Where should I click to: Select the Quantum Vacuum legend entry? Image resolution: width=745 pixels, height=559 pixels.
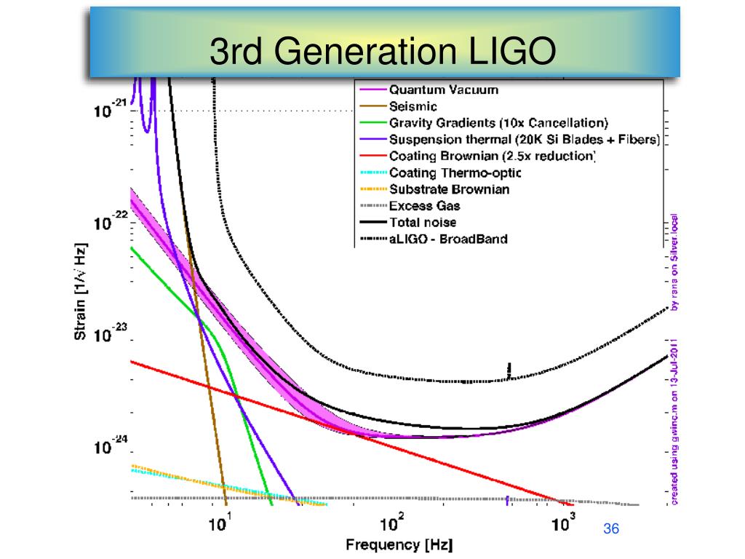tap(444, 90)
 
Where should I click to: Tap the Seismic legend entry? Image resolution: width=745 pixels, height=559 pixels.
tap(413, 106)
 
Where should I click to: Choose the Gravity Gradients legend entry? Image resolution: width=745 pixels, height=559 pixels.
tap(498, 122)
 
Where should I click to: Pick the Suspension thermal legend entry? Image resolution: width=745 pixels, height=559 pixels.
tap(524, 139)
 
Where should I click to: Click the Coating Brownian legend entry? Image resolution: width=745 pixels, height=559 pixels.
tap(493, 156)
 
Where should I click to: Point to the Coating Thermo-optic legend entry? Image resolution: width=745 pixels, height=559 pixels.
tap(455, 173)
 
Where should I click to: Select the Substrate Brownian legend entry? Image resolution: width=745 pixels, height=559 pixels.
tap(449, 189)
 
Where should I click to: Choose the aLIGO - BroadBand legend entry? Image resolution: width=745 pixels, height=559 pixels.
tap(448, 239)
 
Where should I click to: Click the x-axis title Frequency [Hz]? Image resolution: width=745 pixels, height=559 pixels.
tap(393, 544)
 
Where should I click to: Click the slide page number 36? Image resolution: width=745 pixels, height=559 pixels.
tap(611, 529)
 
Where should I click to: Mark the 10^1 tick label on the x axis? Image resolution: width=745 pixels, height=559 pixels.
tap(220, 523)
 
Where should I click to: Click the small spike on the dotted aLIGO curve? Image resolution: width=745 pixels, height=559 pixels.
tap(509, 369)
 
